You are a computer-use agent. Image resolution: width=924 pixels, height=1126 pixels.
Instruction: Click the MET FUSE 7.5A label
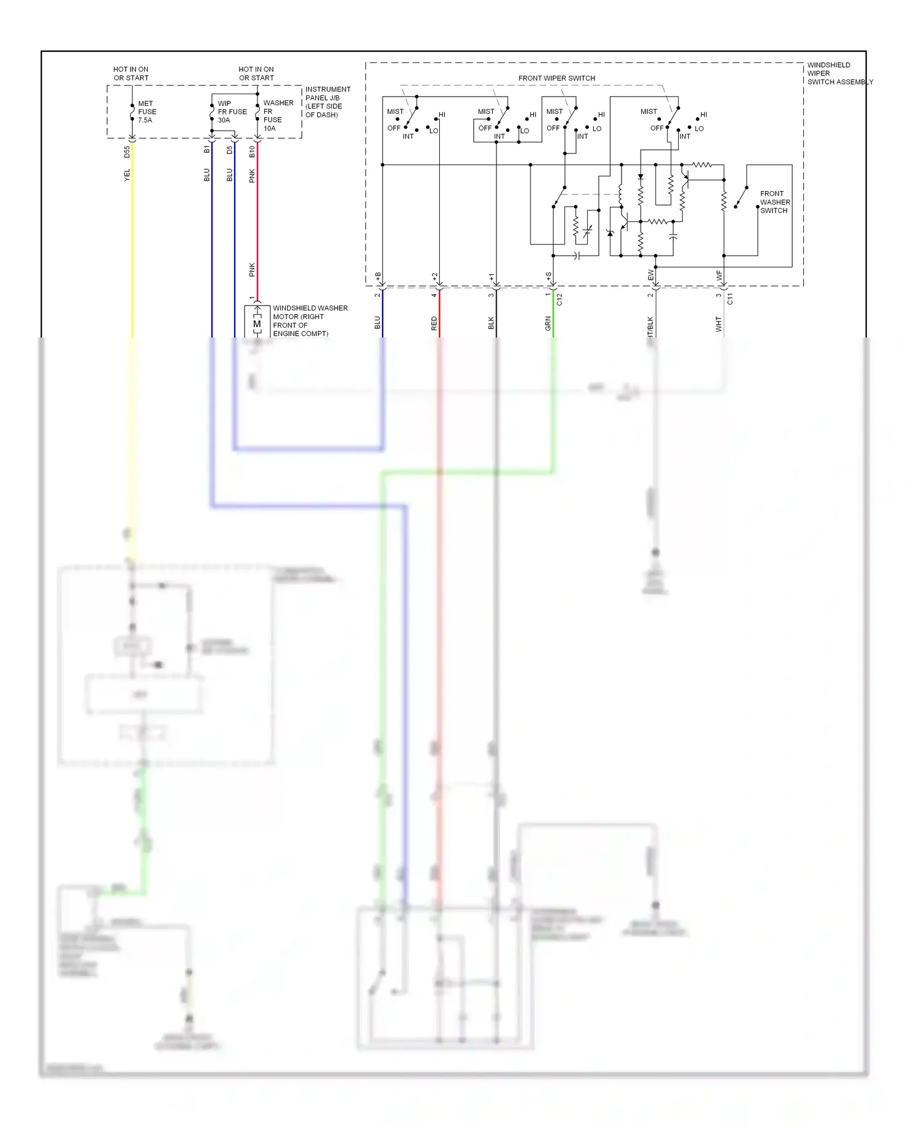tap(147, 112)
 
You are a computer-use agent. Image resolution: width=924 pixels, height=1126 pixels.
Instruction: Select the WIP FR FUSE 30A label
tap(232, 112)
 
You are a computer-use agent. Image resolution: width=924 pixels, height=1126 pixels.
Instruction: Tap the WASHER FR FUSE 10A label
tap(278, 116)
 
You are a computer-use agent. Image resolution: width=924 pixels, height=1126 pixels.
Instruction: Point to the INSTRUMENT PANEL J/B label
tap(327, 102)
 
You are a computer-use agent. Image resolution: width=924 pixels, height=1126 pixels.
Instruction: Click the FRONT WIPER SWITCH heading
tap(556, 78)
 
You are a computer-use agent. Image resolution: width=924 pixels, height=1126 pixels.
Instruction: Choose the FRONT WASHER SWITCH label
tap(774, 202)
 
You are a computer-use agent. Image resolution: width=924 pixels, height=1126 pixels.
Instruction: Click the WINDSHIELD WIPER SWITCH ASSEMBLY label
tap(839, 73)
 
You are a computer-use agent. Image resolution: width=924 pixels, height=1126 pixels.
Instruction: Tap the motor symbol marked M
tap(257, 324)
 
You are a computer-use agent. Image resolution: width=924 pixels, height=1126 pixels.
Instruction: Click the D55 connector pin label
tap(128, 152)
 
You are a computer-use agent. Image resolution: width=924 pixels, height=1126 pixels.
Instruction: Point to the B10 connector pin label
tap(252, 152)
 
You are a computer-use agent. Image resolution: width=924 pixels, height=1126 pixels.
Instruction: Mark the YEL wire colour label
tap(128, 176)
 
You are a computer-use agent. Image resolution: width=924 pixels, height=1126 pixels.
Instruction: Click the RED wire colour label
tap(434, 323)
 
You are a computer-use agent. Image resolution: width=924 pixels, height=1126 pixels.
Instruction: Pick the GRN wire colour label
tap(548, 323)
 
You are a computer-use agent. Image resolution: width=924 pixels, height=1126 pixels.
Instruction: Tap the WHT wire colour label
tap(718, 324)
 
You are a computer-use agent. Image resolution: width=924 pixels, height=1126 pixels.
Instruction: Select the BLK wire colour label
tap(492, 323)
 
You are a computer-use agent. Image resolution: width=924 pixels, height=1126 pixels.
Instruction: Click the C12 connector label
tap(559, 299)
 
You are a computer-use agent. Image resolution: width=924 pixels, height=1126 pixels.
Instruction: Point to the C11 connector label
tap(730, 299)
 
